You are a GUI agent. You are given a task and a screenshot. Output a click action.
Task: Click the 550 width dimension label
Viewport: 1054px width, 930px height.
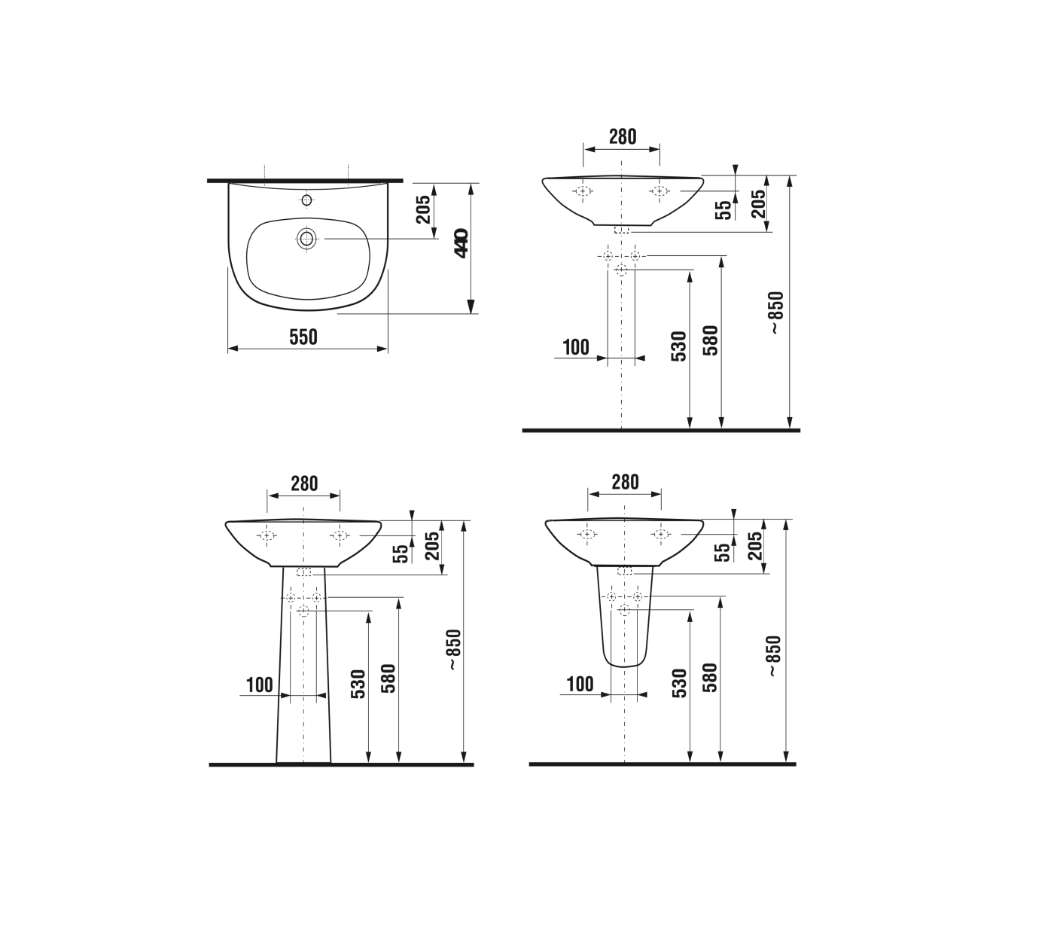click(x=303, y=337)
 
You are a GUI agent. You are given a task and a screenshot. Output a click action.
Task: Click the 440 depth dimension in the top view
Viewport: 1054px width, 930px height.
click(x=461, y=243)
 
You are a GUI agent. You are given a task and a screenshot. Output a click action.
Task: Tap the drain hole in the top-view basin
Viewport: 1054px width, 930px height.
click(x=306, y=239)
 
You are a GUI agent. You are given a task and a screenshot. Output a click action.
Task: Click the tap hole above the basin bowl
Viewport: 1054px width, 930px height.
click(x=306, y=200)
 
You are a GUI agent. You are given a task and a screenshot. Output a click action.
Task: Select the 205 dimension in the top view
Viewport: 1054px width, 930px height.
click(x=423, y=209)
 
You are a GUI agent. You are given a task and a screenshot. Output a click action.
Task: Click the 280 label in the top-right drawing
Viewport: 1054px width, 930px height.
click(x=622, y=137)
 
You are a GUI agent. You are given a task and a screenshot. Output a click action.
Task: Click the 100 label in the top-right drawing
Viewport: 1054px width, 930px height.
click(x=576, y=347)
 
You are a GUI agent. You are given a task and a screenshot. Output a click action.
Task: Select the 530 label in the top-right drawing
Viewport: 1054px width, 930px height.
click(x=678, y=346)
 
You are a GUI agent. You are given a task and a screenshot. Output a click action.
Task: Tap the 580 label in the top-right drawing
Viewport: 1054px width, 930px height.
click(x=710, y=340)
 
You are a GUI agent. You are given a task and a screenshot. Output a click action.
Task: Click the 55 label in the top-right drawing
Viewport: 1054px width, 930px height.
click(x=723, y=209)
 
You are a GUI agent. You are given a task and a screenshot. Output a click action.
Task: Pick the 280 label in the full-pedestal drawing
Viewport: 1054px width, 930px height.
click(x=304, y=483)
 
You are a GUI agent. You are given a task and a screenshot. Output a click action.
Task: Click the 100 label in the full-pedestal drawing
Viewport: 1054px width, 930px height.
click(x=260, y=685)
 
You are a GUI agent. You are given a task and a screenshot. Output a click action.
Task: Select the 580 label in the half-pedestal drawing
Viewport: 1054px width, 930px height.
click(x=709, y=677)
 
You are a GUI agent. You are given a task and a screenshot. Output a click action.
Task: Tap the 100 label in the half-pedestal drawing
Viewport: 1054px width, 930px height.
click(x=580, y=684)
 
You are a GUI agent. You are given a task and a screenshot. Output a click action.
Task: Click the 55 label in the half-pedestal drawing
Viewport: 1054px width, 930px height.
click(x=723, y=552)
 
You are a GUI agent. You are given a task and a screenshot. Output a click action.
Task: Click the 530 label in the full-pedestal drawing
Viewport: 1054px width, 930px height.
click(x=358, y=684)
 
